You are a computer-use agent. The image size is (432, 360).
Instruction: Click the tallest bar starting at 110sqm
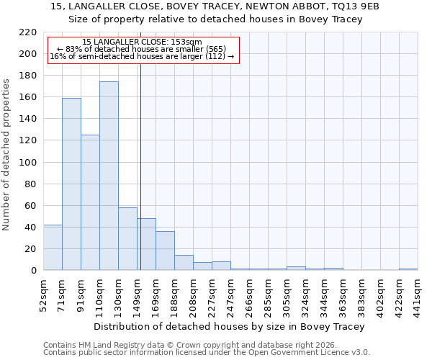109,176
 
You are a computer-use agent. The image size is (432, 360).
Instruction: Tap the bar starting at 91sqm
90,202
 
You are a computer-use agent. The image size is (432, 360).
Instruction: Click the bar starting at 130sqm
127,238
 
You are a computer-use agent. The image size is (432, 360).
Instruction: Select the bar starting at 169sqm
165,251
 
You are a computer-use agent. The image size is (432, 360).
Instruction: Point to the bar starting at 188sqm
184,262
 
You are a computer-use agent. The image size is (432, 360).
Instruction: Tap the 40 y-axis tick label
30,228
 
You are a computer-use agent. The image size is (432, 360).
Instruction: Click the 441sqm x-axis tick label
418,294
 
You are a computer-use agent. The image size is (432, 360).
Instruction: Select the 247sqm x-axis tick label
231,294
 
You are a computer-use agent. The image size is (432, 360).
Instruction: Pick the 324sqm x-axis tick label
306,294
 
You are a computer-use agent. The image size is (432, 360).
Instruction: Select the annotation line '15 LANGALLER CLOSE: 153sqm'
142,42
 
